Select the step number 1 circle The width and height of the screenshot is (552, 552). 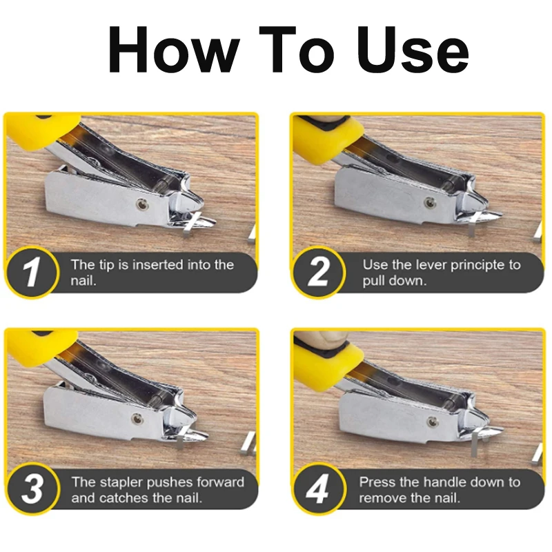pyautogui.click(x=31, y=272)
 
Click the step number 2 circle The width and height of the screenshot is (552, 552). pyautogui.click(x=319, y=272)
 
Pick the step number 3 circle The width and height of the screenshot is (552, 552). pyautogui.click(x=32, y=489)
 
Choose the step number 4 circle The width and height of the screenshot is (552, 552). pyautogui.click(x=319, y=489)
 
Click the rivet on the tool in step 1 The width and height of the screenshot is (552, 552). pyautogui.click(x=141, y=204)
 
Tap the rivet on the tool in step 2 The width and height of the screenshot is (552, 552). pyautogui.click(x=428, y=202)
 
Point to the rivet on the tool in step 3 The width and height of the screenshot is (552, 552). pyautogui.click(x=137, y=419)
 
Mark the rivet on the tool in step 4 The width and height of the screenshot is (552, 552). pyautogui.click(x=432, y=422)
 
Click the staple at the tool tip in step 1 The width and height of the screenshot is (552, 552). pyautogui.click(x=192, y=225)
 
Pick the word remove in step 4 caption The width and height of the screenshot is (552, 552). pyautogui.click(x=383, y=498)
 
